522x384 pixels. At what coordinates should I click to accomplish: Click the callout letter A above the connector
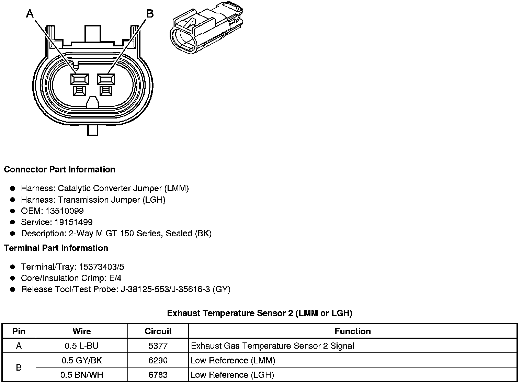click(30, 14)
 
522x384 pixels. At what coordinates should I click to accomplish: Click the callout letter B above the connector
click(150, 14)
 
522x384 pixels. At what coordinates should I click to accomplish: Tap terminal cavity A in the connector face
click(79, 80)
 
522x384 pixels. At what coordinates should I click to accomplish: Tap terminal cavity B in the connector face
click(106, 80)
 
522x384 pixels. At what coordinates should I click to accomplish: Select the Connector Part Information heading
click(59, 170)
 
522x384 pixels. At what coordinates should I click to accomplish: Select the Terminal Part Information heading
click(56, 248)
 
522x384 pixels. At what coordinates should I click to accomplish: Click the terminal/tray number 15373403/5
click(101, 267)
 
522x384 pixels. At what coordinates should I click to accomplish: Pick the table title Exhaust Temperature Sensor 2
click(260, 313)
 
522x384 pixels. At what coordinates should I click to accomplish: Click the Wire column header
click(82, 331)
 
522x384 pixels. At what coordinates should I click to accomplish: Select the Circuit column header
click(158, 331)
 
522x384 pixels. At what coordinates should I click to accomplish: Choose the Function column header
click(353, 331)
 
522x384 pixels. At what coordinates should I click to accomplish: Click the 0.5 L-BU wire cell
click(82, 346)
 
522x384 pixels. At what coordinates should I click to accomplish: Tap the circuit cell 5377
click(158, 346)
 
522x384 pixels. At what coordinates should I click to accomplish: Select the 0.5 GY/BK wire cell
click(82, 361)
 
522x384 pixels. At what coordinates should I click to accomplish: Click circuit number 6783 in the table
click(158, 375)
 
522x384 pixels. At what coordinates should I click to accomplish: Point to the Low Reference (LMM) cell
click(233, 361)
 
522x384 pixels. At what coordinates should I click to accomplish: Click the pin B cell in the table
click(19, 368)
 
